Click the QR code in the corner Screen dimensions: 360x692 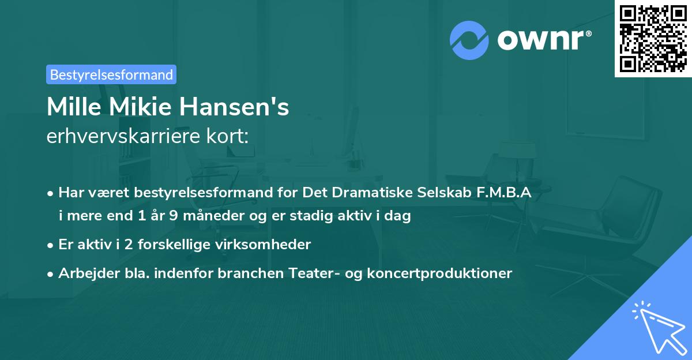coord(653,39)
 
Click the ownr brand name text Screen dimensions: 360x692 coord(543,39)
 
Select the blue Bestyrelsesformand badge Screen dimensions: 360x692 coord(111,74)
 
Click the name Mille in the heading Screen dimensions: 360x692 coord(72,107)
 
